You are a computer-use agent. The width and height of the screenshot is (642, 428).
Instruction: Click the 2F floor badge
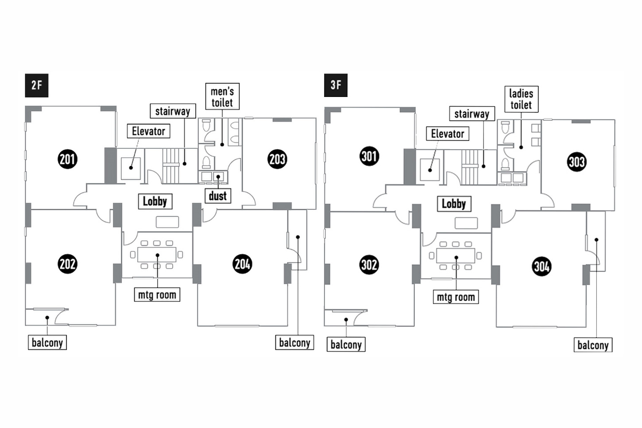pyautogui.click(x=37, y=85)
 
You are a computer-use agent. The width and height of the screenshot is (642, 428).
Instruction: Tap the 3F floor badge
pyautogui.click(x=336, y=85)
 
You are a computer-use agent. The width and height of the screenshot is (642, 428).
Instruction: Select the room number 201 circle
pyautogui.click(x=67, y=159)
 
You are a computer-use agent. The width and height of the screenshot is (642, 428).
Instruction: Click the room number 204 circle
pyautogui.click(x=243, y=264)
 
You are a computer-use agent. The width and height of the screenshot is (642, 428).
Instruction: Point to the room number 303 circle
pyautogui.click(x=576, y=162)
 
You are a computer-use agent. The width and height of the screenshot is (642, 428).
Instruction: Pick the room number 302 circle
pyautogui.click(x=369, y=265)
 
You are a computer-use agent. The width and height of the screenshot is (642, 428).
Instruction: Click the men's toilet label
pyautogui.click(x=222, y=96)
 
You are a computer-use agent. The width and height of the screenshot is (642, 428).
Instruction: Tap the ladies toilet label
pyautogui.click(x=521, y=99)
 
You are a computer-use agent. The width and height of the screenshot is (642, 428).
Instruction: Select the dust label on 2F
pyautogui.click(x=218, y=196)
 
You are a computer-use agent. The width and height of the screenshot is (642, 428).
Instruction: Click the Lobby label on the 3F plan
pyautogui.click(x=454, y=204)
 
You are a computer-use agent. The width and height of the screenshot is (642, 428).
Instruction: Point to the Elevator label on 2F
pyautogui.click(x=148, y=131)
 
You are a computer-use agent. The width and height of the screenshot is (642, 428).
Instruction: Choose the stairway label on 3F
pyautogui.click(x=472, y=114)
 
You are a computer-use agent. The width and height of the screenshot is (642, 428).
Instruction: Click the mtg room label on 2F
pyautogui.click(x=157, y=294)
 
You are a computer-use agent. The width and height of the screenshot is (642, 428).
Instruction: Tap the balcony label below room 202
pyautogui.click(x=47, y=342)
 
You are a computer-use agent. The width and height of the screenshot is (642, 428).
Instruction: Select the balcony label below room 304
pyautogui.click(x=593, y=345)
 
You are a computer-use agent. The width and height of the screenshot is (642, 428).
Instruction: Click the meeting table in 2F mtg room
pyautogui.click(x=157, y=254)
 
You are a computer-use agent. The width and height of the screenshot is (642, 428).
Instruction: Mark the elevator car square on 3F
pyautogui.click(x=429, y=170)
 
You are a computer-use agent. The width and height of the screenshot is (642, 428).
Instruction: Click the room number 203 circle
pyautogui.click(x=277, y=159)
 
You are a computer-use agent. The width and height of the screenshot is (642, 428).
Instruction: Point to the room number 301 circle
pyautogui.click(x=369, y=156)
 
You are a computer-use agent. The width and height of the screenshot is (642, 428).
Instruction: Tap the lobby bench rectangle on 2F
pyautogui.click(x=167, y=222)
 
